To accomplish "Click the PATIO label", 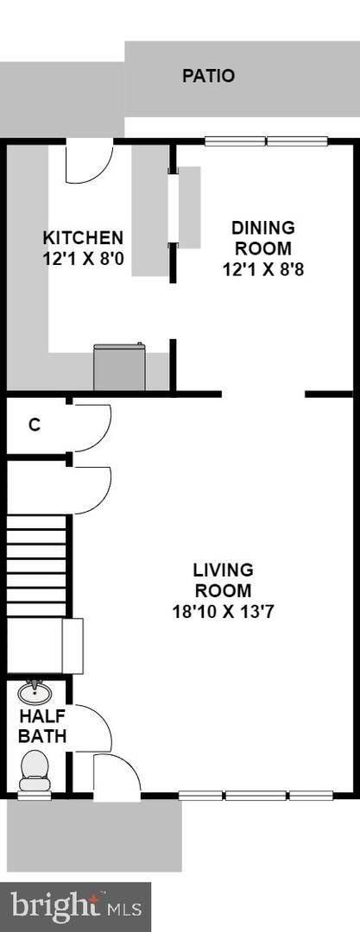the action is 208,76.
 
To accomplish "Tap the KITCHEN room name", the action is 83,238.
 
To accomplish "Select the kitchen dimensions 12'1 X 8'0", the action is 83,259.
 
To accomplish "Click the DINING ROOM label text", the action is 262,237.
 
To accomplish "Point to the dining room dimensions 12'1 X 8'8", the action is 262,270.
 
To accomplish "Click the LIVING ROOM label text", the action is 223,580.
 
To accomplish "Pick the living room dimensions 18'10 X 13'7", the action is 223,612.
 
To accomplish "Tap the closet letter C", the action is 35,425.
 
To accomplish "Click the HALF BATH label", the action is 41,725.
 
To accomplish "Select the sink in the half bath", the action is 35,692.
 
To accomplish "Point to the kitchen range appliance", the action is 120,367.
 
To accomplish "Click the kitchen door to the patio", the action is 89,161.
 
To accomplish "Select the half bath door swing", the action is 92,728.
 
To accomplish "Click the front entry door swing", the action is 117,775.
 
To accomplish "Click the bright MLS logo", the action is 75,906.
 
